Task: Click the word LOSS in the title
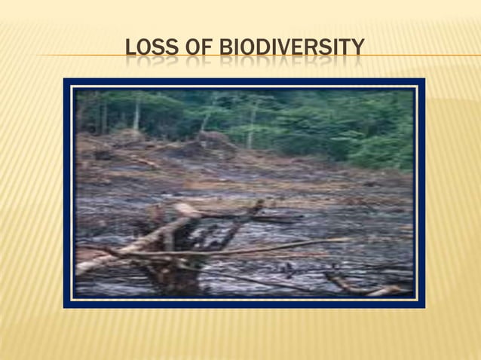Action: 150,49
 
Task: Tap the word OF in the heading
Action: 195,49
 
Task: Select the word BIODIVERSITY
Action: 290,49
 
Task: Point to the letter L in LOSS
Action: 130,49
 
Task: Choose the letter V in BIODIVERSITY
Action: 277,49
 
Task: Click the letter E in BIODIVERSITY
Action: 290,49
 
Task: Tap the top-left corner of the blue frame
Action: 66,80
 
